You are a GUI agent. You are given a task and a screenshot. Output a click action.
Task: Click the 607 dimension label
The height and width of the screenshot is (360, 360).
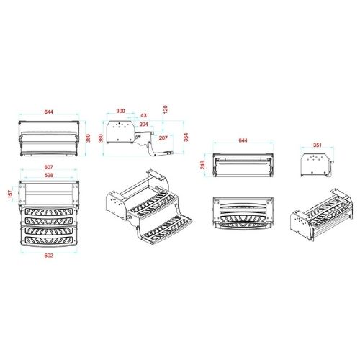point(49,167)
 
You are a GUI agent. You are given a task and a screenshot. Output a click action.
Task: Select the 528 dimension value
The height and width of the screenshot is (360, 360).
point(49,175)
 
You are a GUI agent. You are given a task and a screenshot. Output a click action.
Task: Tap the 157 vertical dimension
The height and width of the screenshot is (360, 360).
point(10,194)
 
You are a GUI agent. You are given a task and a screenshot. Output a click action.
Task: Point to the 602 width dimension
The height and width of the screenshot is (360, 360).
point(49,256)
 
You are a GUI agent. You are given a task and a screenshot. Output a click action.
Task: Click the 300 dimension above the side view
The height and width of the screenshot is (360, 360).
point(120,111)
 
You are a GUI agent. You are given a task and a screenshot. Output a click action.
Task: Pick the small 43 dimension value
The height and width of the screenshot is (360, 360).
point(143,115)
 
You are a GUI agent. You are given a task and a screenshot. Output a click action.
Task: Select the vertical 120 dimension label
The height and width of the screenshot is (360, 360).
point(165,109)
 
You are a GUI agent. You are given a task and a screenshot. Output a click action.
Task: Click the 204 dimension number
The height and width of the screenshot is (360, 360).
point(143,125)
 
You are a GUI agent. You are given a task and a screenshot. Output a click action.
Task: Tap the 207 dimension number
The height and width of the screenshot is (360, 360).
point(163,138)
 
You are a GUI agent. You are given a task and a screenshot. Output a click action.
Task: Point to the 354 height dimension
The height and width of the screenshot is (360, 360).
point(186,137)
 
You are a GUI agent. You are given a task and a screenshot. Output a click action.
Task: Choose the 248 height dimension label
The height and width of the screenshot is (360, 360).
point(202,165)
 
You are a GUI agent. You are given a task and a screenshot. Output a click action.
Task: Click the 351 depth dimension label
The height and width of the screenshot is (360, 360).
point(318,145)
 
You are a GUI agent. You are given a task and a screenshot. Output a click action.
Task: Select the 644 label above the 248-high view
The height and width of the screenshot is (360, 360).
point(243,140)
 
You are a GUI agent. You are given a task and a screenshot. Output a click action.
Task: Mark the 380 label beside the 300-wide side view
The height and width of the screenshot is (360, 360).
point(101,138)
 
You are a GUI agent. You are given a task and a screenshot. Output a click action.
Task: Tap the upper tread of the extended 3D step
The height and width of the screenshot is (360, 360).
point(153,202)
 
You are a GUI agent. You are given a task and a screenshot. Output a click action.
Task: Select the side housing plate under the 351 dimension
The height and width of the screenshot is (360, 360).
point(315,165)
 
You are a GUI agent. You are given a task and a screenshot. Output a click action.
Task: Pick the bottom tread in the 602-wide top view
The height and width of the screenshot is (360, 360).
point(49,240)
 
